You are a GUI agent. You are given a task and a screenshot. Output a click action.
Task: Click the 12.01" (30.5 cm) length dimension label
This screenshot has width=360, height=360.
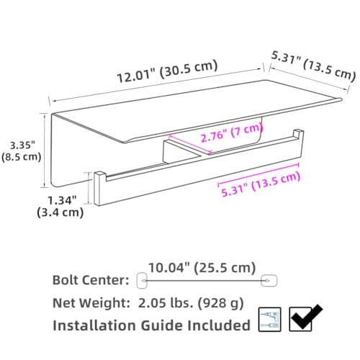click(x=168, y=71)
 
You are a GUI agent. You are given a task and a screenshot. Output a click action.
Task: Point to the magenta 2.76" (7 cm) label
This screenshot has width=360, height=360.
click(x=232, y=132)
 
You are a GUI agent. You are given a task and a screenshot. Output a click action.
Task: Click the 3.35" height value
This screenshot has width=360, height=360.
click(x=22, y=145)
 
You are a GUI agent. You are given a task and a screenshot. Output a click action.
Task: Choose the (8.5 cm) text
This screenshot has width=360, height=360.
click(x=22, y=157)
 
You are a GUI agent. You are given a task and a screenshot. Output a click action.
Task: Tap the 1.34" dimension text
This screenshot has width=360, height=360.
click(x=62, y=200)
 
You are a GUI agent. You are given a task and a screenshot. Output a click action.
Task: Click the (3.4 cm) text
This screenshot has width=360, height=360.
click(x=60, y=212)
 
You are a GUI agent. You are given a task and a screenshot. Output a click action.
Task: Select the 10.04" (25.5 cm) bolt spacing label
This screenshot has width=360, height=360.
click(x=202, y=268)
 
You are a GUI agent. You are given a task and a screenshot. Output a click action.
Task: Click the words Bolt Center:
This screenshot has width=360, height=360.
click(x=91, y=280)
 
